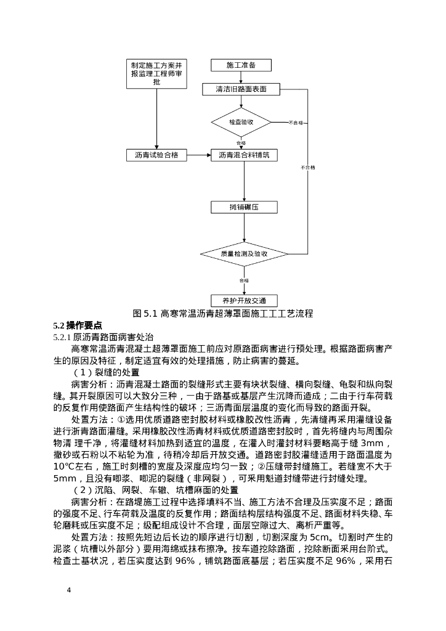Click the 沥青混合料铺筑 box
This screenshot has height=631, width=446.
pos(244,155)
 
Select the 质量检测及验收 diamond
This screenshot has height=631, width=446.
pos(244,253)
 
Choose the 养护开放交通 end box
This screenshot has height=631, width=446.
pos(244,301)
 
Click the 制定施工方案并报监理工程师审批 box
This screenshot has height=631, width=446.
pos(156,73)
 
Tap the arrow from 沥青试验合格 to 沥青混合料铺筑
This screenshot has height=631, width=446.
pos(199,155)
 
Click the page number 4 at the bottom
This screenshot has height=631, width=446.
pos(69,590)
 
